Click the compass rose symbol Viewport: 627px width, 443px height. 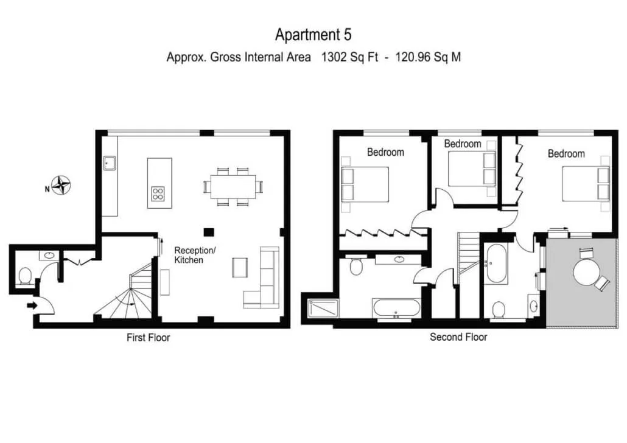click(61, 185)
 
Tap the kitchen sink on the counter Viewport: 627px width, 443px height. click(110, 163)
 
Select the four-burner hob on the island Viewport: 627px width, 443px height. click(158, 194)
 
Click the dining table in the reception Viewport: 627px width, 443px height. click(233, 186)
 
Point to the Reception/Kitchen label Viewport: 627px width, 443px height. click(195, 255)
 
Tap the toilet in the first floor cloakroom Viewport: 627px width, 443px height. click(26, 276)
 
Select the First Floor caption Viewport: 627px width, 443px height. click(149, 338)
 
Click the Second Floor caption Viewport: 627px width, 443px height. click(458, 337)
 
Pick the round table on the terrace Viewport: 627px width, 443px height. click(587, 273)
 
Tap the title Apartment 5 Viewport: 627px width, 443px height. click(313, 35)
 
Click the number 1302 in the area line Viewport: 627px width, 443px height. click(334, 57)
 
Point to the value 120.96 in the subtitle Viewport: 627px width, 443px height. click(413, 57)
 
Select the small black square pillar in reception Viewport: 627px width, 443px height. click(209, 232)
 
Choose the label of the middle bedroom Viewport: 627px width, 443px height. click(463, 144)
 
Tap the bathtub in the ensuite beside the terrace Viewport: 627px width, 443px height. click(496, 263)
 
